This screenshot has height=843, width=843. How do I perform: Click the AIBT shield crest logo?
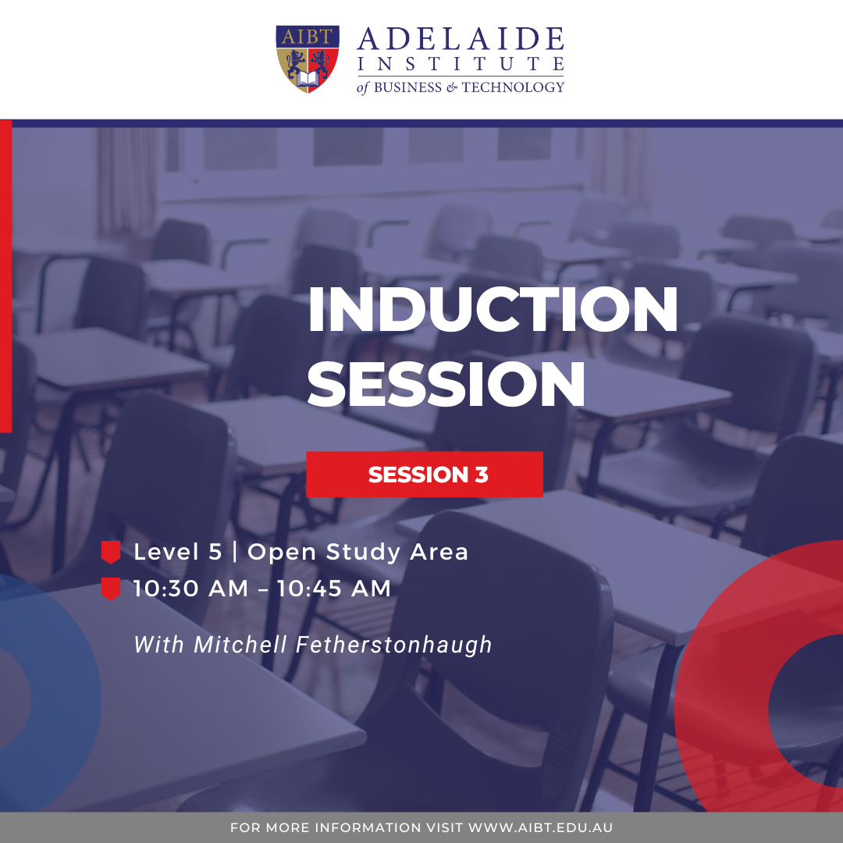308,59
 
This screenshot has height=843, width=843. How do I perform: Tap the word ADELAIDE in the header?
461,39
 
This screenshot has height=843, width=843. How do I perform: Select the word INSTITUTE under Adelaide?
461,64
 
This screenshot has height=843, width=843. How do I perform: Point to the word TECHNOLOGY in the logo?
513,87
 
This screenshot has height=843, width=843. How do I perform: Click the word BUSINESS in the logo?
407,87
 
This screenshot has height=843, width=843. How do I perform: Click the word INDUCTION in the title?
493,309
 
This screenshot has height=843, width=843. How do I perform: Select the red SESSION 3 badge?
425,475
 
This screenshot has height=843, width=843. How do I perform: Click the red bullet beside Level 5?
111,552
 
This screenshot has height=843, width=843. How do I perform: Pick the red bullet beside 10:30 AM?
111,589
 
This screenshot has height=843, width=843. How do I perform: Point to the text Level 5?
177,552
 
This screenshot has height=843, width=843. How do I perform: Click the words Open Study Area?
357,553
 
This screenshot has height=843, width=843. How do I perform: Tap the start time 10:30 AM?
191,589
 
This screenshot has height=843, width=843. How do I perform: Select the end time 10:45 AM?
334,589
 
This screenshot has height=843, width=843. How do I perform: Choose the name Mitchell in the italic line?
240,645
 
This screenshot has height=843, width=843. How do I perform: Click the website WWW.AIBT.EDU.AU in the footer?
540,827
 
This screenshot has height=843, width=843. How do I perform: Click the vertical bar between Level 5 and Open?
234,552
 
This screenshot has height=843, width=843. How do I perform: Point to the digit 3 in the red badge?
482,475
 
